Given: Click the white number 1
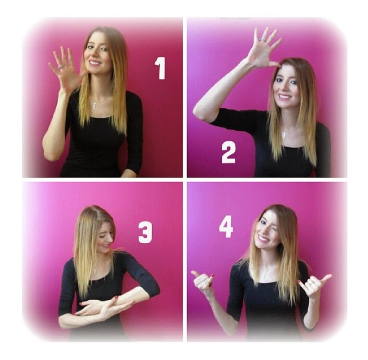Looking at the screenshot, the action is coord(161,68).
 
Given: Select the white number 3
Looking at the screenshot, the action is coord(145,232).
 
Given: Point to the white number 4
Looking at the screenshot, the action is coord(226,226).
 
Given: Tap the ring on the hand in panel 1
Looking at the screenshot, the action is coord(60,67).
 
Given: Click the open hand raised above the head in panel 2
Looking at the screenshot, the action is coord(264,48).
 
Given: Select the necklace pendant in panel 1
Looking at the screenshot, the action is coord(95,105).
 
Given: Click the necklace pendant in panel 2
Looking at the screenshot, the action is coord(284,135).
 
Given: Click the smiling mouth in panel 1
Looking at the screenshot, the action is coord(95,63).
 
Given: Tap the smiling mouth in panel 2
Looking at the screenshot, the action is coord(284,96).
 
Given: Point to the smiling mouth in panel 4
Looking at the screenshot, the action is coord(264,238).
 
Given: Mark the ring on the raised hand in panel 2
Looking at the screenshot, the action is coord(261,40).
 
